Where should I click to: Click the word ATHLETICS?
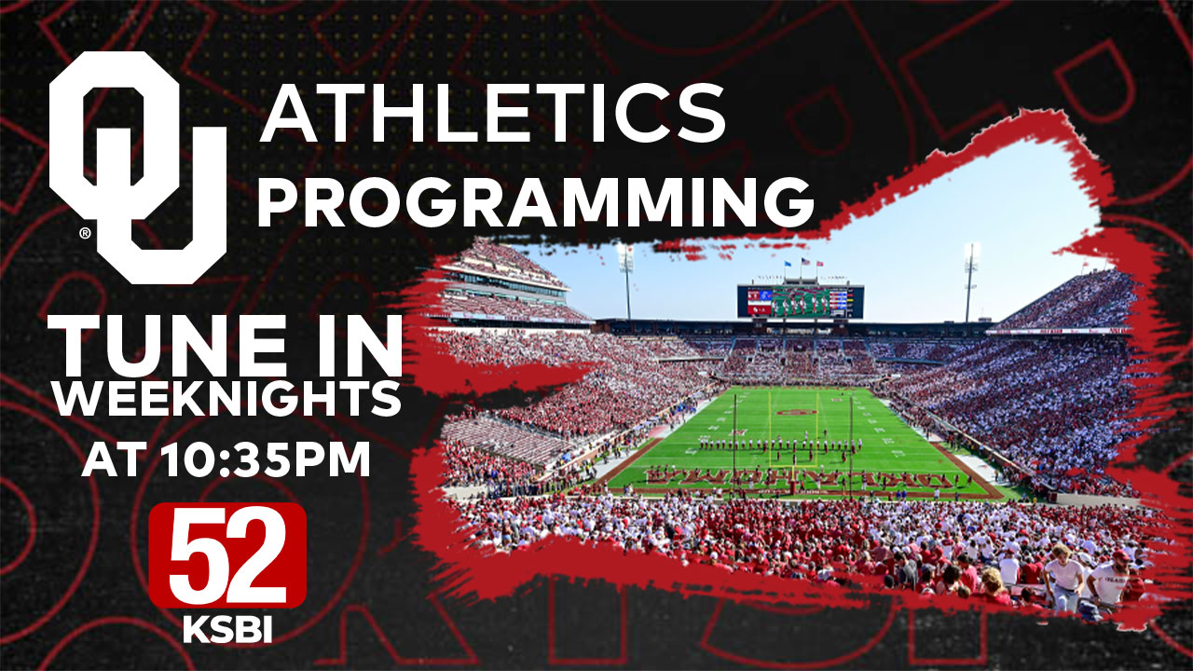(492, 113)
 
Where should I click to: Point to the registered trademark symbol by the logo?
(84, 234)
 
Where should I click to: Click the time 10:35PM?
(265, 460)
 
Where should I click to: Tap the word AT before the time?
(114, 460)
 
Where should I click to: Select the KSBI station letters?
(226, 629)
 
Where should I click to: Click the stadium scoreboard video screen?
(800, 301)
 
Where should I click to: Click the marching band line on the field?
(778, 445)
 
